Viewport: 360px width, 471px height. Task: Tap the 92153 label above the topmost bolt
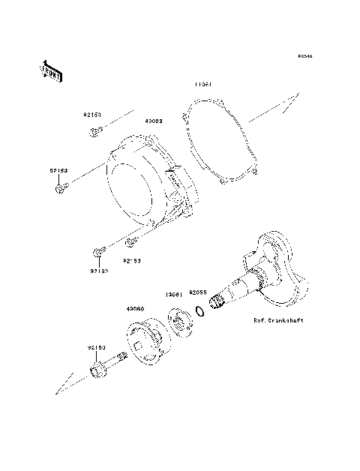coord(92,116)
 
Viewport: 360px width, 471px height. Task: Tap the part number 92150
coord(95,348)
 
